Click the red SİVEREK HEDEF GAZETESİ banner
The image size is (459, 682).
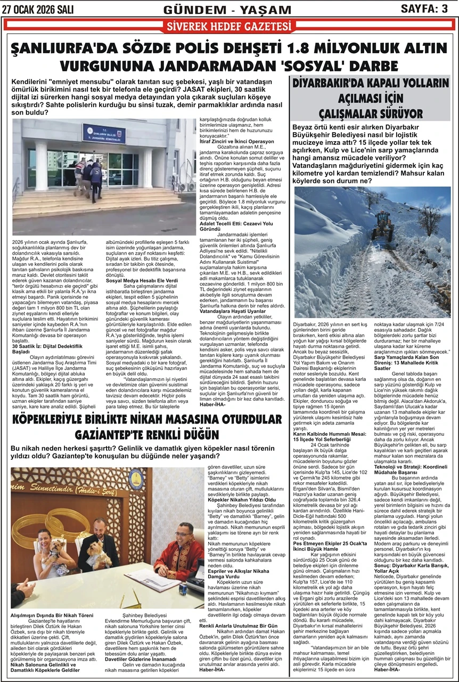(x=230, y=26)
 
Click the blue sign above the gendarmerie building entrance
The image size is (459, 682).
(x=104, y=133)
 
